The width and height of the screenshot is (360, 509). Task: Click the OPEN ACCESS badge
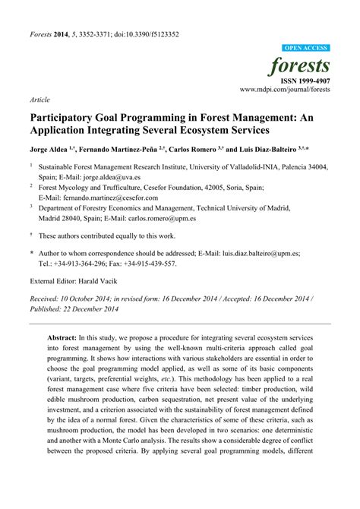[306, 47]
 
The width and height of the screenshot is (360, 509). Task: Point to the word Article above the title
[41, 99]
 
